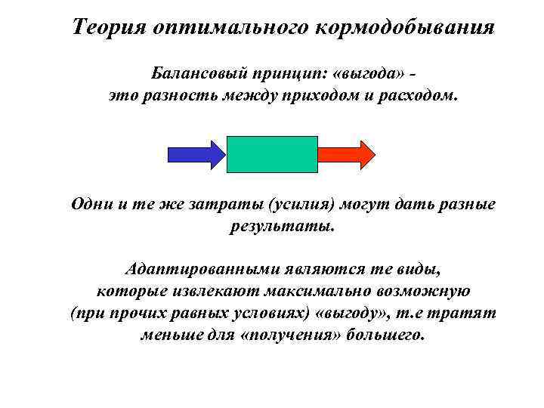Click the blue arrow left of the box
[195, 153]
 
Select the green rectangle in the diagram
[272, 154]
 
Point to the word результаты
[280, 226]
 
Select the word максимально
[340, 291]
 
